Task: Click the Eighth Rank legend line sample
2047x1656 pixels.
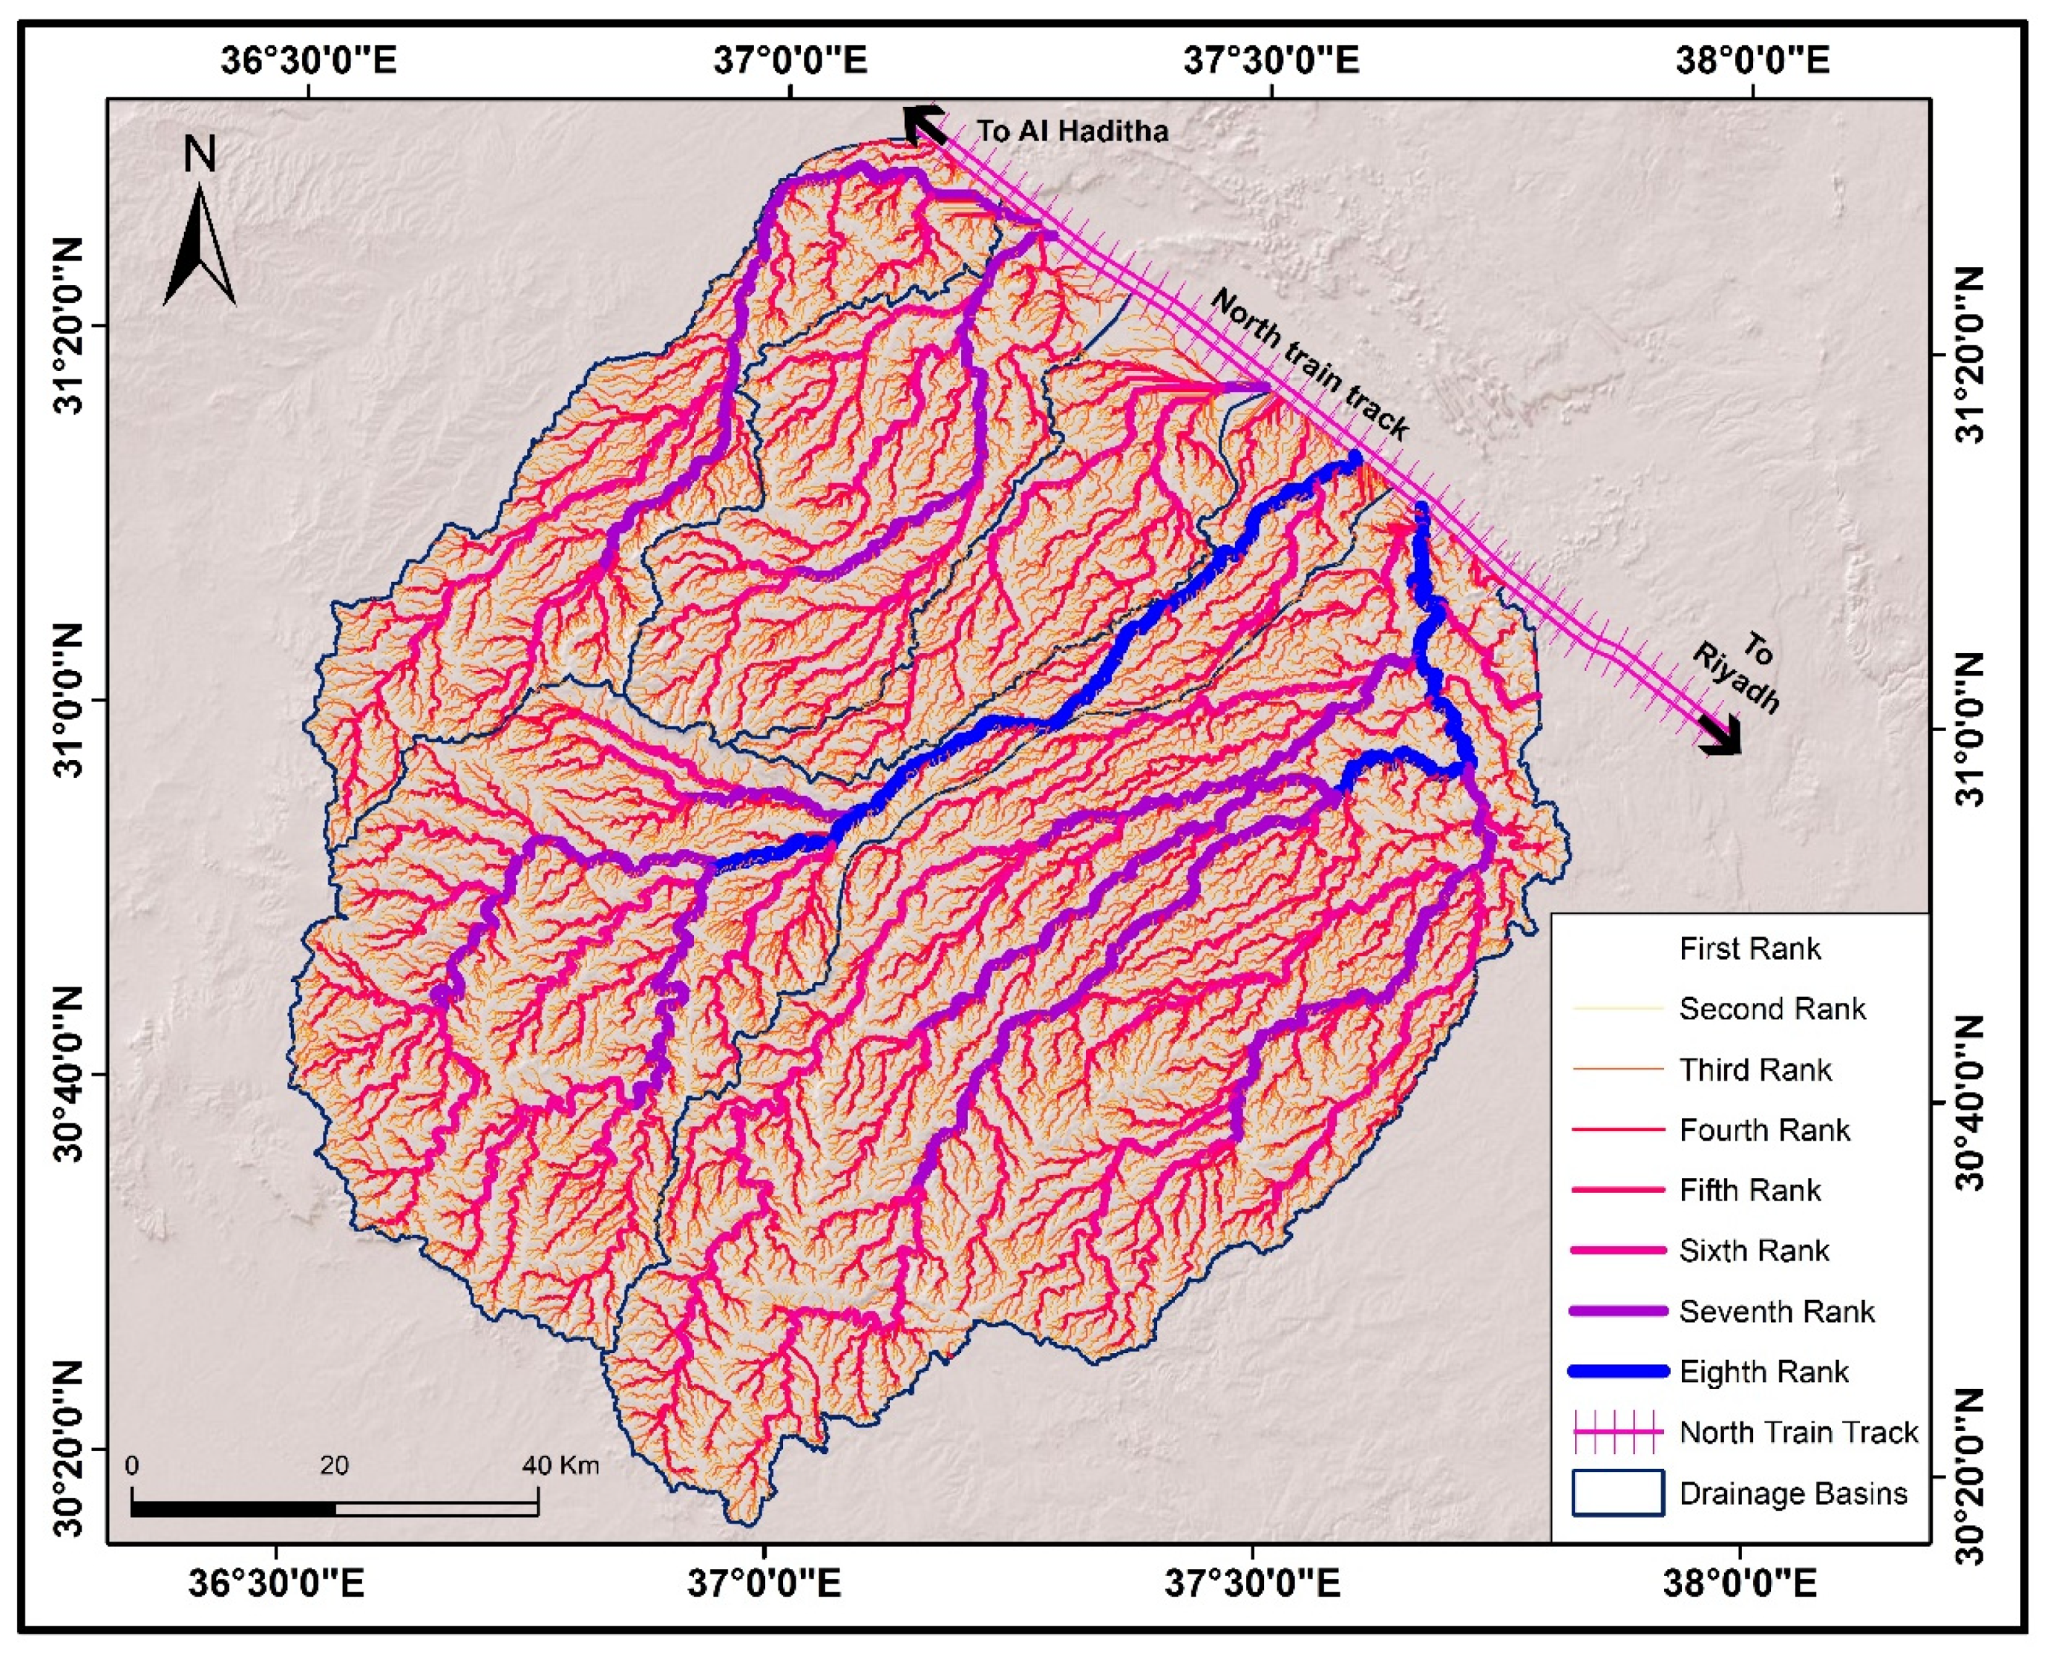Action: click(1618, 1372)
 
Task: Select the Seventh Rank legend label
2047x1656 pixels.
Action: click(1776, 1312)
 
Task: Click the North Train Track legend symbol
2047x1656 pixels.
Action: click(1618, 1433)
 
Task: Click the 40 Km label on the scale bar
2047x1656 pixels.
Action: click(561, 1465)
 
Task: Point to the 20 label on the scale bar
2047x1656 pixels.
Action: click(334, 1465)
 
